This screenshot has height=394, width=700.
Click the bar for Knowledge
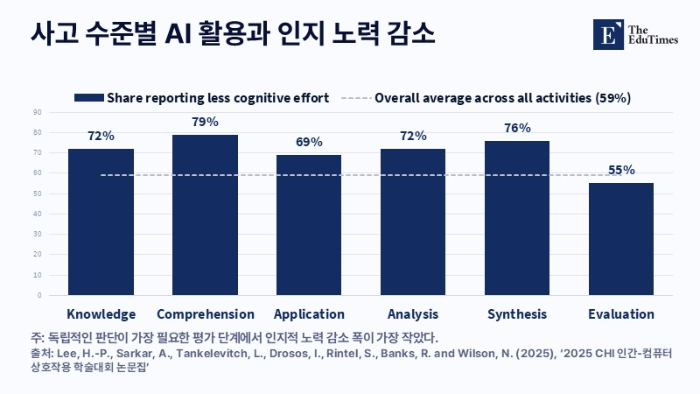101,222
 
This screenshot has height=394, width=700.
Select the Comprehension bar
205,215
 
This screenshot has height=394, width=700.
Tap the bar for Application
309,225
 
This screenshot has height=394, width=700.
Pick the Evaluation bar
621,239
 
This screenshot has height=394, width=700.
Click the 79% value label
206,122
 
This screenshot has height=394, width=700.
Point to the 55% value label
621,170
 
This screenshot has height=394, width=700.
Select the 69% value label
309,142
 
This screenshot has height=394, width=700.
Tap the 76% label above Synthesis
517,128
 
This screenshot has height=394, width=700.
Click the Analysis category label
413,314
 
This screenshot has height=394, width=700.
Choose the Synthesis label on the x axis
517,314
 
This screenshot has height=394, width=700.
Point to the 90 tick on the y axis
37,113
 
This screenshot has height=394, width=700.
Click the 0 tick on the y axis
39,295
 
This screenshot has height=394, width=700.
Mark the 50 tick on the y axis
37,193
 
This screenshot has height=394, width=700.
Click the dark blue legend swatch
89,98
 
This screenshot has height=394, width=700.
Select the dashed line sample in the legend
356,98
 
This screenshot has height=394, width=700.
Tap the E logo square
608,34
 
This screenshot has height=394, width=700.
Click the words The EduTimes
653,35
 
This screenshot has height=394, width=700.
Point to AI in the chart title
178,33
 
